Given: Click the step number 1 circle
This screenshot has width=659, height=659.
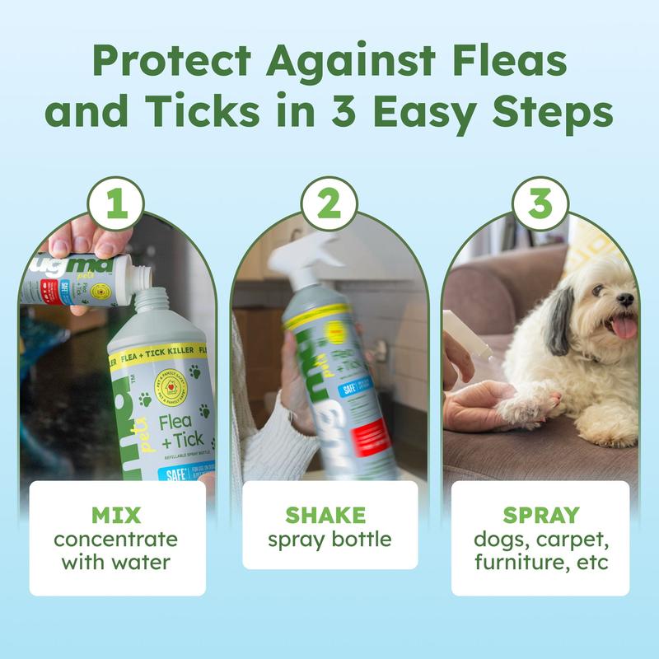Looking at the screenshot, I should tap(117, 203).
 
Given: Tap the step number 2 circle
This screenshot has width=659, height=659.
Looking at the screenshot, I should tap(329, 203).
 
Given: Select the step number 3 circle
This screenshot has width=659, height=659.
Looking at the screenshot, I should tap(540, 203).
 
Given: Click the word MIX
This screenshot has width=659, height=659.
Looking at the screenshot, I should tap(117, 516).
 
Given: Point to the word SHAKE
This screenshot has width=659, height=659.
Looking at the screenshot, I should tap(329, 516).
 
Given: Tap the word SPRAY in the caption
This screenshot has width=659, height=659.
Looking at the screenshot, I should tap(540, 516).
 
